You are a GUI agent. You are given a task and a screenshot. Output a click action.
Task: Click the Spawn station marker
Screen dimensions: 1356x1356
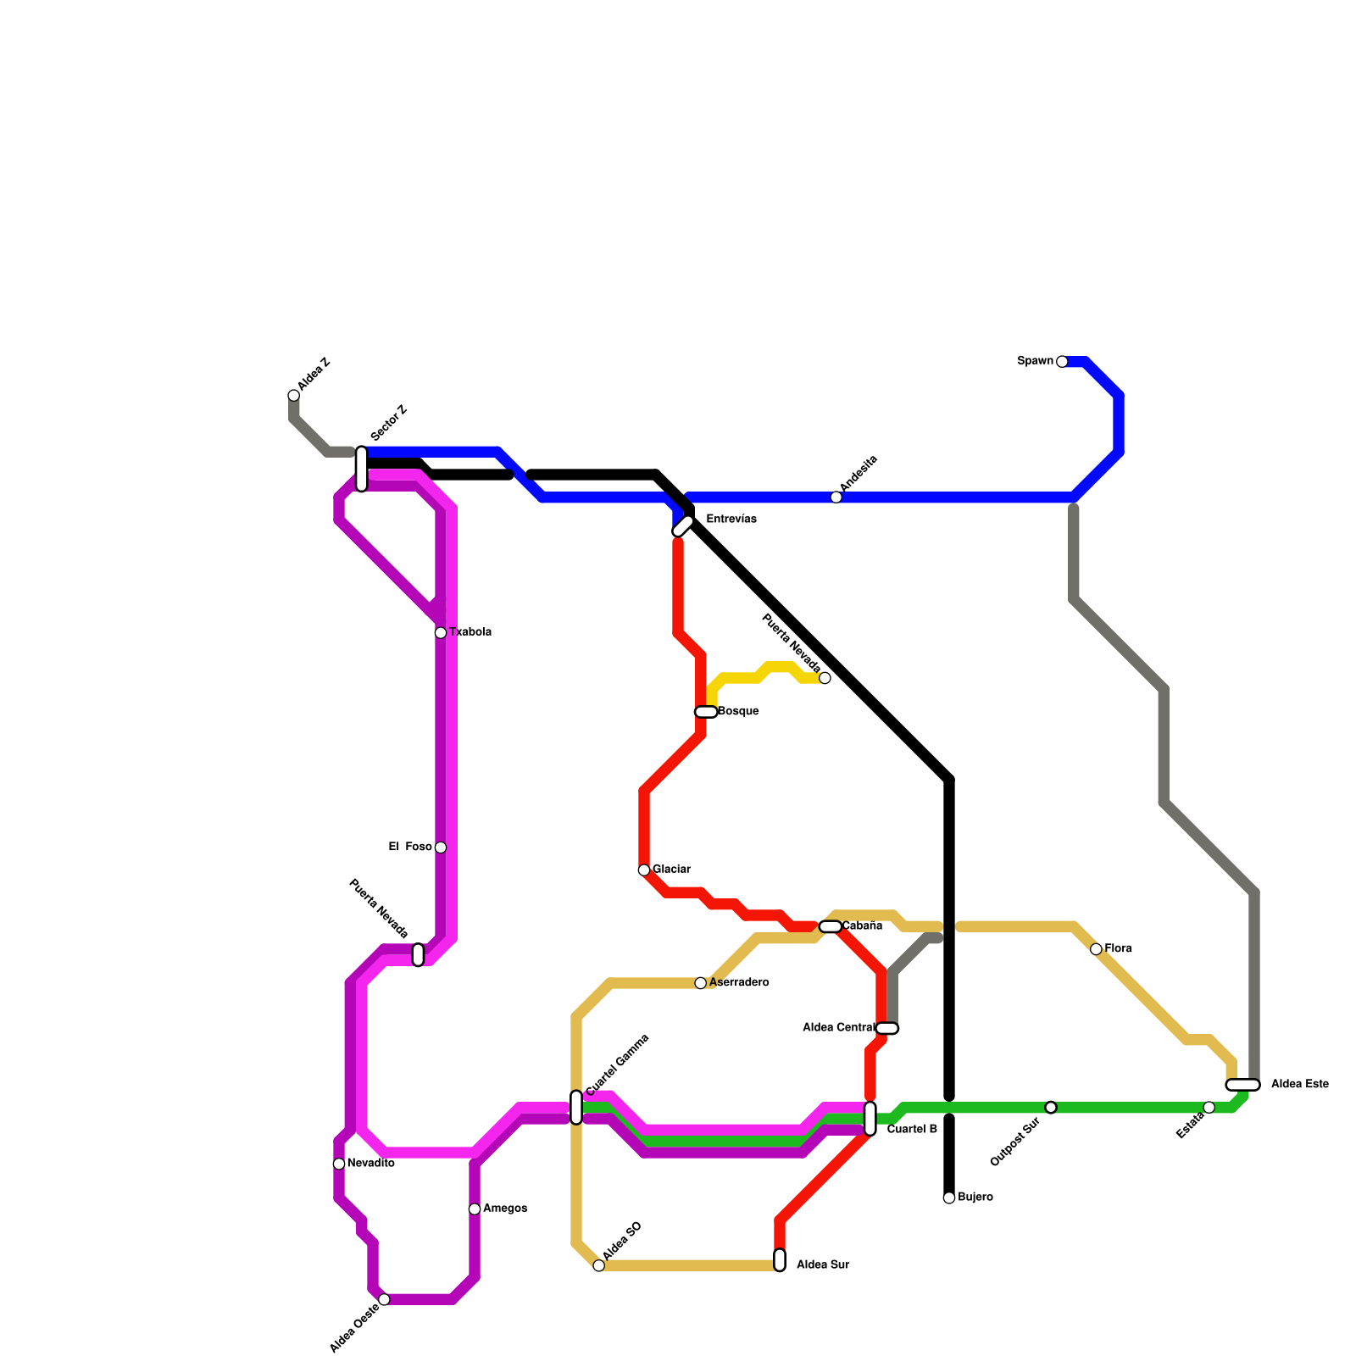[x=1062, y=362]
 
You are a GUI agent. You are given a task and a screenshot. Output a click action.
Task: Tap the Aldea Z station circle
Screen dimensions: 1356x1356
[x=293, y=396]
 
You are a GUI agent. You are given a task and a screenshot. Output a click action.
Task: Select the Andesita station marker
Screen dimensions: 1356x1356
[x=836, y=497]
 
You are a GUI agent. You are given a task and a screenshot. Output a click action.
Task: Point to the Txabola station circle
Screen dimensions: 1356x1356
[x=441, y=633]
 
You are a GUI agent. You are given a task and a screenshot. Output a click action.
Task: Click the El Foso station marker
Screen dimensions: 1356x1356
[x=441, y=847]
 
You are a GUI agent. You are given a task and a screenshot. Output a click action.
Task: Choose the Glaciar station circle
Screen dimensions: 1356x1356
[x=644, y=870]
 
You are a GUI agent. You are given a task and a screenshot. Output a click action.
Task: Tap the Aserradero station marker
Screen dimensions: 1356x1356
[x=701, y=983]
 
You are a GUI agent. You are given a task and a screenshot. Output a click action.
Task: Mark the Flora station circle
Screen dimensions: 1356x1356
[x=1096, y=949]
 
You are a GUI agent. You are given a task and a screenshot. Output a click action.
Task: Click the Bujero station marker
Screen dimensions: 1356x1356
[x=949, y=1198]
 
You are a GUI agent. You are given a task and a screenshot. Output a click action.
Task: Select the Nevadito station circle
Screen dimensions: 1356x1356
[x=339, y=1164]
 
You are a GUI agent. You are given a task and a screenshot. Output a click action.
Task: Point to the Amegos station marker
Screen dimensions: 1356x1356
[x=475, y=1209]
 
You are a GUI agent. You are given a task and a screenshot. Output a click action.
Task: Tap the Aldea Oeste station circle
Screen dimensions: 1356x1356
[x=384, y=1299]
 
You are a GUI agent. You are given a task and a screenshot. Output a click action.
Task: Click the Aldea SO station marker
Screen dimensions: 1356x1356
[x=599, y=1265]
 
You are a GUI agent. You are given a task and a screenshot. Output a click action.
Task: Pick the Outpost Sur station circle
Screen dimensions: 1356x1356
[x=1051, y=1108]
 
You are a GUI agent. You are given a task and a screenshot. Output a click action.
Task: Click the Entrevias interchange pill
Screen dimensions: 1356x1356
[x=683, y=525]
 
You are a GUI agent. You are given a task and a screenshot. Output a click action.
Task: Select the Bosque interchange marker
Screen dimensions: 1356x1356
[x=706, y=712]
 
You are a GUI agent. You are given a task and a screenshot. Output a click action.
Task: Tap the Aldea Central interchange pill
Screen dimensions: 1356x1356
[x=886, y=1028]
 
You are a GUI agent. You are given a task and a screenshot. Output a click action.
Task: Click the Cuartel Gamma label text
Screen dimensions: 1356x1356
[x=617, y=1064]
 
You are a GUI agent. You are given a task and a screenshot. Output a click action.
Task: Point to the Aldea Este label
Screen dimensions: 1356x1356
[x=1299, y=1085]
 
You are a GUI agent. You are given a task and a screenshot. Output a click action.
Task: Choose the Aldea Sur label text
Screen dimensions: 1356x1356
[x=822, y=1265]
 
